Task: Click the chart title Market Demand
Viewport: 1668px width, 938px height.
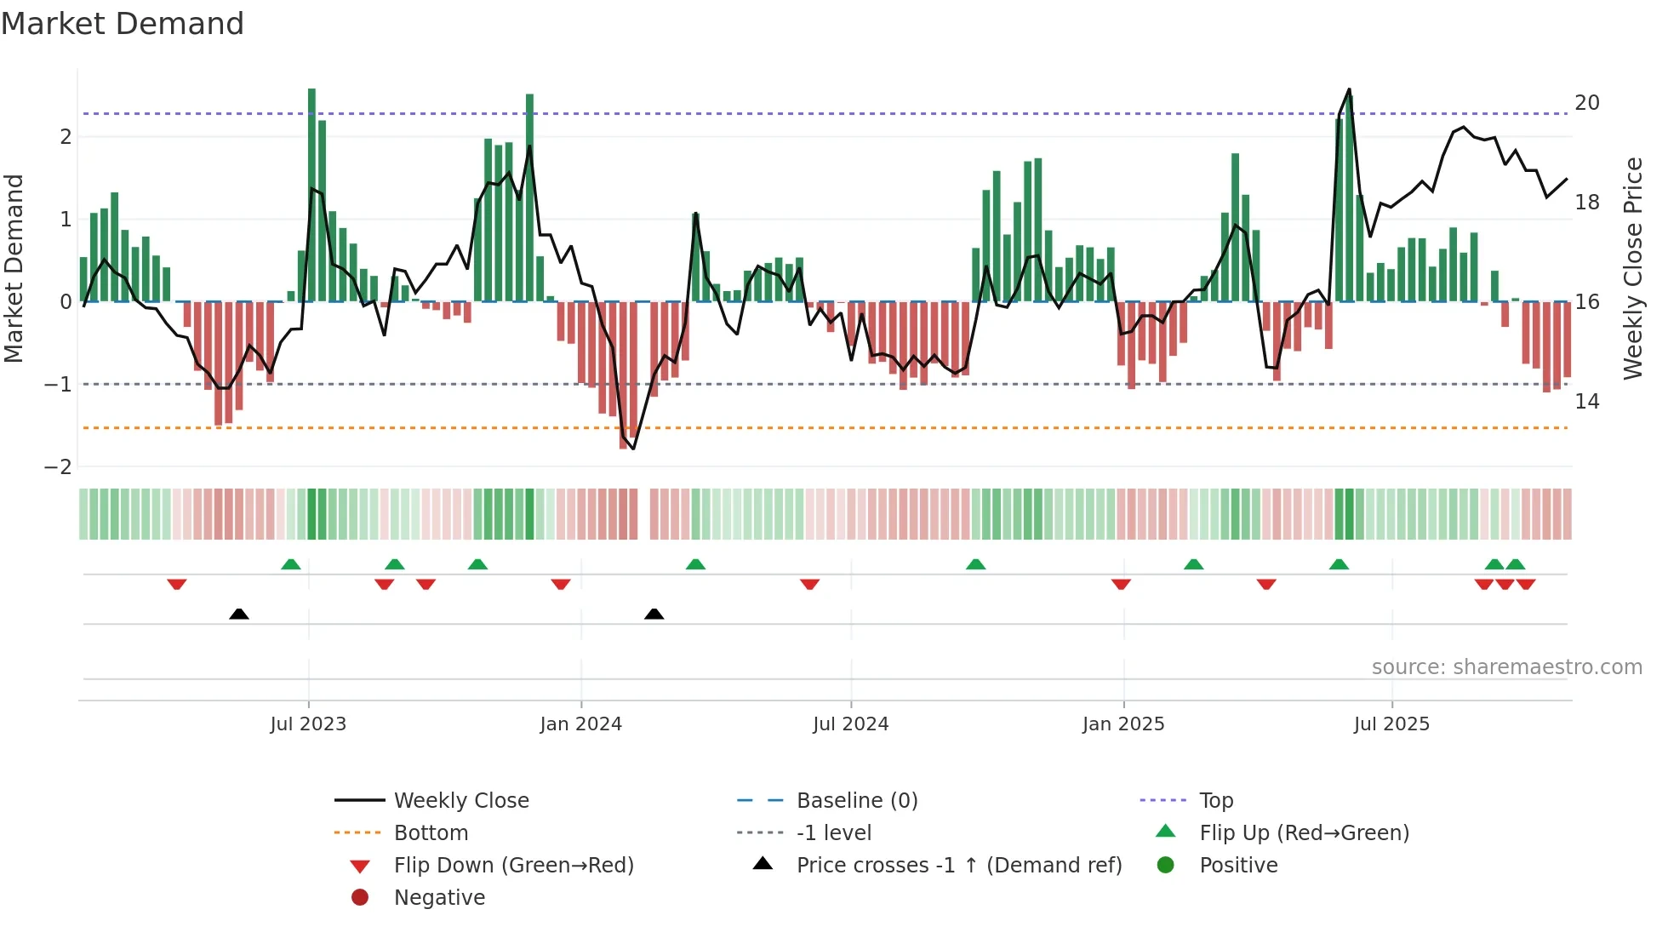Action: (x=123, y=24)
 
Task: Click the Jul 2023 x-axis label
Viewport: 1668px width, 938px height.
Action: (x=308, y=724)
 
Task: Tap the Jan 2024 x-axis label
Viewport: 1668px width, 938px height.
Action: (x=581, y=724)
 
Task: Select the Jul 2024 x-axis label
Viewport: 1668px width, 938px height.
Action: (x=851, y=724)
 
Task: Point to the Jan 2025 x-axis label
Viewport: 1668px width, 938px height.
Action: (x=1123, y=724)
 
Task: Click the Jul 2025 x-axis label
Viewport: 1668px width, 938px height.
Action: (x=1392, y=724)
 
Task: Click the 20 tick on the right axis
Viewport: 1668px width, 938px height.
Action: (x=1587, y=103)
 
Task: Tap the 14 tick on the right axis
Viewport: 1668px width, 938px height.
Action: (x=1587, y=402)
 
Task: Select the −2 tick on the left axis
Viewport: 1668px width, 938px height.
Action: (x=58, y=467)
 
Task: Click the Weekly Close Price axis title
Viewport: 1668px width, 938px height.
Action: (x=1633, y=268)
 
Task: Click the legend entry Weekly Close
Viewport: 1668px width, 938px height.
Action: (x=461, y=801)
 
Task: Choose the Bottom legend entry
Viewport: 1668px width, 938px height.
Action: (x=431, y=833)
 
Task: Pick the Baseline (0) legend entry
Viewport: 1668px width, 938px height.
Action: (x=857, y=801)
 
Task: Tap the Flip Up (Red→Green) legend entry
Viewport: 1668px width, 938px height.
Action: (x=1304, y=833)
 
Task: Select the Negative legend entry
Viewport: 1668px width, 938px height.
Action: (x=439, y=898)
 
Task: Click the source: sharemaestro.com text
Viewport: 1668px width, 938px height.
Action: (x=1506, y=667)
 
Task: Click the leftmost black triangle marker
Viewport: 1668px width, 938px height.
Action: (x=239, y=615)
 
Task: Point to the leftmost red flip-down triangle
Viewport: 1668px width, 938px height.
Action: (x=177, y=584)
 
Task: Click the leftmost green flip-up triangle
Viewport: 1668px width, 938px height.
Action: (x=291, y=564)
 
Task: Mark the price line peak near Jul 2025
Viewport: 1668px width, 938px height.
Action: (x=1349, y=89)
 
